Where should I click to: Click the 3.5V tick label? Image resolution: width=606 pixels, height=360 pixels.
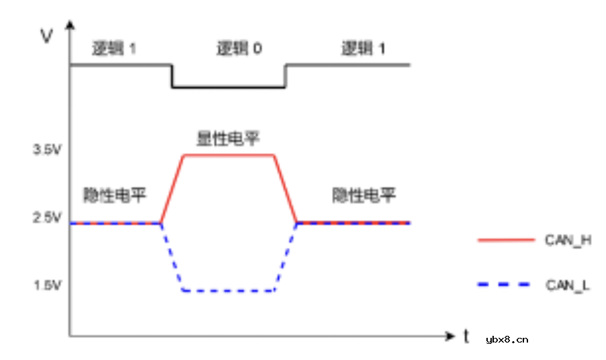click(47, 150)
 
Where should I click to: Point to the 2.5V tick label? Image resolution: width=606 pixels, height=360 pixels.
click(47, 218)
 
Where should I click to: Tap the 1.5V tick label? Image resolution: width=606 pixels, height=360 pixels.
click(47, 285)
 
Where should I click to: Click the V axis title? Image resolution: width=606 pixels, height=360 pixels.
click(46, 36)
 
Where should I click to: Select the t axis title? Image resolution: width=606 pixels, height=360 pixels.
click(466, 336)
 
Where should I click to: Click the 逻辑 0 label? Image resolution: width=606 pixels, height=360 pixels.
click(239, 48)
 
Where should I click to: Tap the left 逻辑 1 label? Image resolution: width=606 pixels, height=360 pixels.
click(114, 48)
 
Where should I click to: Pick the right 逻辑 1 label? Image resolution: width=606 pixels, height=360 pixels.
click(363, 48)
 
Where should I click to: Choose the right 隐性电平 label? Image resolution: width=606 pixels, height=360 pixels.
click(364, 195)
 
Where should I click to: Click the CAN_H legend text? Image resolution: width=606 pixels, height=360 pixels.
click(568, 240)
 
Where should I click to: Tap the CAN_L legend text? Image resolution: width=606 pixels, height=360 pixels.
click(568, 285)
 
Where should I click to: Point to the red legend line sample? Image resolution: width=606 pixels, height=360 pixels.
click(501, 240)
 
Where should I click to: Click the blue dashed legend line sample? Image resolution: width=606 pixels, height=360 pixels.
click(501, 285)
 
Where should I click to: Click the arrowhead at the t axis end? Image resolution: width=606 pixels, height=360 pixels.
click(449, 334)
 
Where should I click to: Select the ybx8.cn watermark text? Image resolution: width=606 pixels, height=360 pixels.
click(507, 339)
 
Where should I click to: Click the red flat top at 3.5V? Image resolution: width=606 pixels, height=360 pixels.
click(228, 155)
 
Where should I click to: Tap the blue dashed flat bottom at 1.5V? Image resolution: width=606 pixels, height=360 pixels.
click(228, 291)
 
